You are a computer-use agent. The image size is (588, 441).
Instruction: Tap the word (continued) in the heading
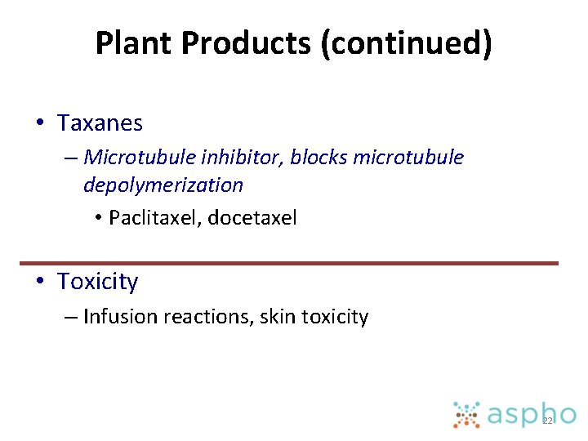pyautogui.click(x=407, y=43)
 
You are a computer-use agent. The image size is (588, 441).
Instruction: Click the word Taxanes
pyautogui.click(x=100, y=123)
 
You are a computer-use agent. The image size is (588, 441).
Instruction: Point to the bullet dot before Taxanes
pyautogui.click(x=39, y=124)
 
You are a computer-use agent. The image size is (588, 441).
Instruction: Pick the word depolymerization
pyautogui.click(x=163, y=185)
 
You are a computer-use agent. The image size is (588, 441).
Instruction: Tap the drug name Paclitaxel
pyautogui.click(x=154, y=218)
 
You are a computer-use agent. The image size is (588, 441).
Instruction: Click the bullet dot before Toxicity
pyautogui.click(x=39, y=282)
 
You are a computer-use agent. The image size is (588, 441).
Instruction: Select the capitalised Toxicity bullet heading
pyautogui.click(x=97, y=282)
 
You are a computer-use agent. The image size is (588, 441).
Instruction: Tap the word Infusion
pyautogui.click(x=120, y=317)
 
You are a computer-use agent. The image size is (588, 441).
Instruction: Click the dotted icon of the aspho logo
pyautogui.click(x=466, y=415)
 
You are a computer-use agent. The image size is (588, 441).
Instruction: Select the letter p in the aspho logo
pyautogui.click(x=525, y=417)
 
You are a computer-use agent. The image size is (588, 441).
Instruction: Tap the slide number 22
pyautogui.click(x=547, y=421)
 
